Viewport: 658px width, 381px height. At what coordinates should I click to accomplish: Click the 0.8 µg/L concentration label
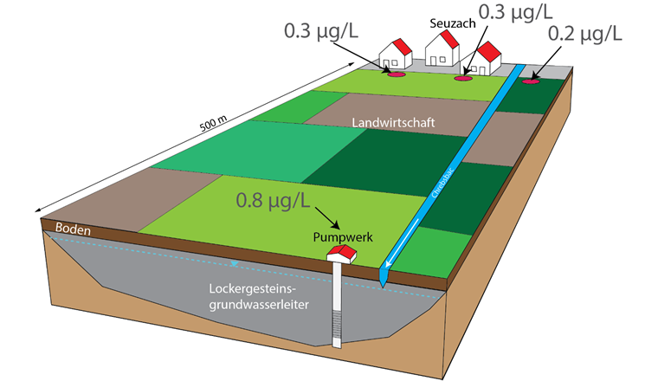[x=273, y=201]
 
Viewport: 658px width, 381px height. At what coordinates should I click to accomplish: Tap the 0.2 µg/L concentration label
[x=584, y=34]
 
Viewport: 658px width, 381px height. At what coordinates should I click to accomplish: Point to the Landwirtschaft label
[x=393, y=123]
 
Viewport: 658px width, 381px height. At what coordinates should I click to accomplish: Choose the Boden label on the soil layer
[x=73, y=229]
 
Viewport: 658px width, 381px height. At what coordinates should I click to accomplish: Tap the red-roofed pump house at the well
[x=342, y=253]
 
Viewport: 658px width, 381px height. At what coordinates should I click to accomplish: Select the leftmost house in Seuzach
[x=397, y=54]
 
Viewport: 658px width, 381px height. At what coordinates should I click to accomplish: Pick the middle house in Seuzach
[x=441, y=50]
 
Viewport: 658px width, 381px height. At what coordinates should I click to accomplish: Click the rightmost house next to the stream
[x=484, y=58]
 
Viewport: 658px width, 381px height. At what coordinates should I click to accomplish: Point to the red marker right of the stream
[x=530, y=81]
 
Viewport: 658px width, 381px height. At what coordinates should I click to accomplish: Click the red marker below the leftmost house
[x=395, y=74]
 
